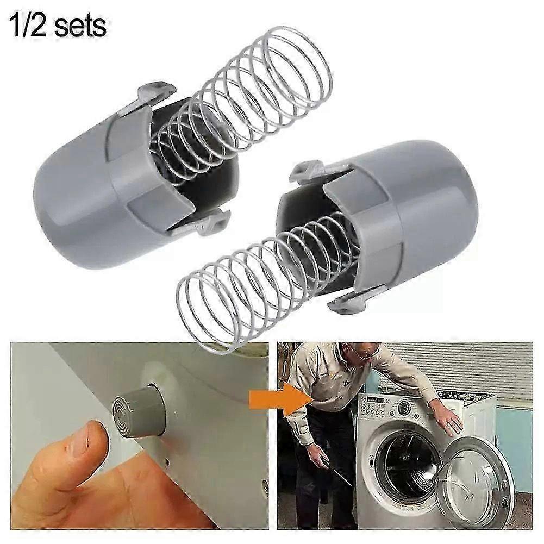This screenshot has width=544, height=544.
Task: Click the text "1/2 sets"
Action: point(59,26)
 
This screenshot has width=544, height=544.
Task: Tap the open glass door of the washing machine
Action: point(473,481)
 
